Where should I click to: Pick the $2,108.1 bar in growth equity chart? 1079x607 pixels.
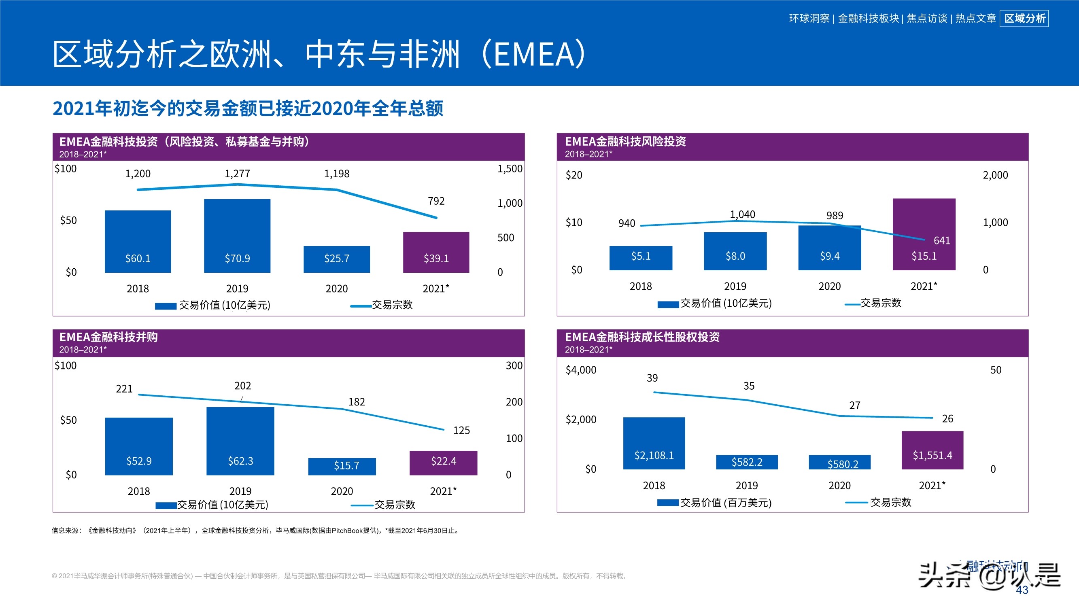click(x=654, y=443)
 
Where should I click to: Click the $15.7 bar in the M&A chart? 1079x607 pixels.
click(x=342, y=466)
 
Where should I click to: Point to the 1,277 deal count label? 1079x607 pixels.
click(x=237, y=174)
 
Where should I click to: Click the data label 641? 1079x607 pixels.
click(x=942, y=240)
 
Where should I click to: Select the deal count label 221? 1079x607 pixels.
click(x=124, y=389)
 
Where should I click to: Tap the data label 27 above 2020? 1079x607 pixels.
click(x=854, y=405)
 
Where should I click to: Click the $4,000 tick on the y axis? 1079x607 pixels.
click(x=580, y=370)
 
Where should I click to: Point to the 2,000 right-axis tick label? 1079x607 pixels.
click(x=995, y=175)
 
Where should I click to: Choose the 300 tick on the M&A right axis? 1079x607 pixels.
click(x=514, y=366)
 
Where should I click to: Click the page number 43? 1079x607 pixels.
click(x=1022, y=590)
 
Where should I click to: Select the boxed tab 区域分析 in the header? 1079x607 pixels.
click(x=1024, y=19)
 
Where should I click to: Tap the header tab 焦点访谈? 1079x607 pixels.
click(x=926, y=19)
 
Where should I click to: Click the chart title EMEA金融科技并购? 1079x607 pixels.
click(x=108, y=337)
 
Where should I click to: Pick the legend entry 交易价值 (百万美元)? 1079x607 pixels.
click(x=726, y=502)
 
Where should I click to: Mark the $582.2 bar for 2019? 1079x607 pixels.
click(x=746, y=462)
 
